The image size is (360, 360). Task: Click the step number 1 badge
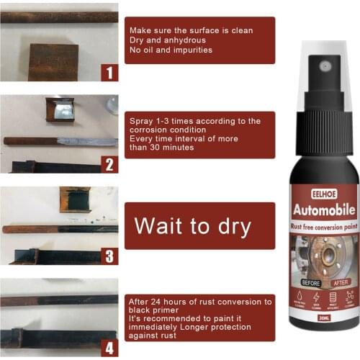pos(109,72)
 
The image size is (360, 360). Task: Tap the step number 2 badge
pos(109,164)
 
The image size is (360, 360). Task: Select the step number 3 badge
pos(109,256)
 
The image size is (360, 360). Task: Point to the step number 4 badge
pos(109,348)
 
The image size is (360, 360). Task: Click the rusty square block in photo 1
pos(53,62)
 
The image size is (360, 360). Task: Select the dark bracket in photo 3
pos(75,198)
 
